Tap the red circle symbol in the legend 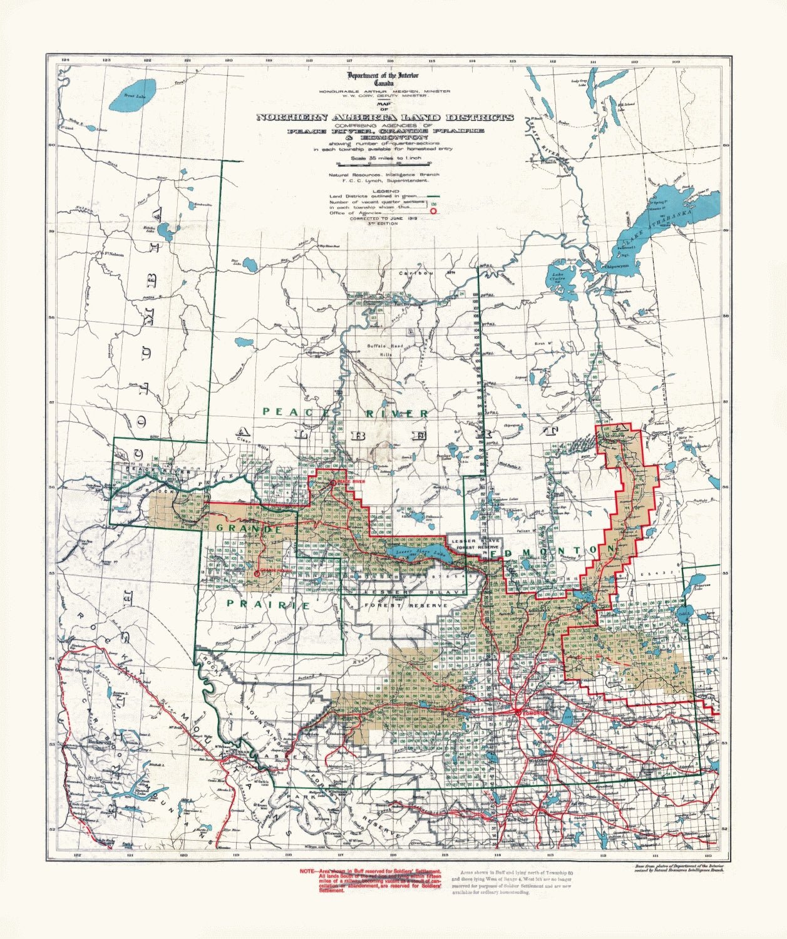click(x=433, y=212)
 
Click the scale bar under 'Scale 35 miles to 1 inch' click(x=386, y=165)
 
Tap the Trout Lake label click(x=133, y=95)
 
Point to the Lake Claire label click(x=557, y=276)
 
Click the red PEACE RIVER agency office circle click(x=333, y=483)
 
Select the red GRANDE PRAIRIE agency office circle click(x=256, y=572)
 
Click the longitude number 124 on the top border click(x=64, y=61)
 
